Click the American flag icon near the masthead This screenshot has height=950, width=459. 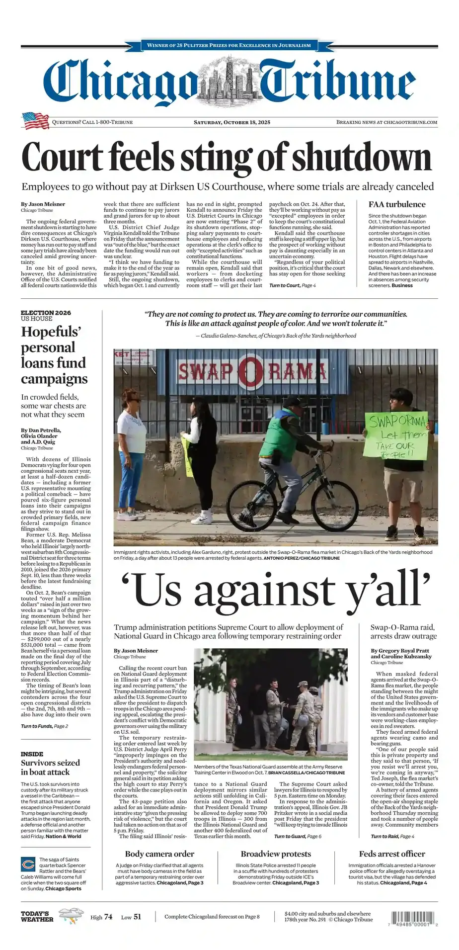pyautogui.click(x=35, y=121)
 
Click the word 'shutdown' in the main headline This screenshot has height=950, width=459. pyautogui.click(x=361, y=157)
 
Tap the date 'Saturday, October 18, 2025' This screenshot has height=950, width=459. pyautogui.click(x=232, y=122)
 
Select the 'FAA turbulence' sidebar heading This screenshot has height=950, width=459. pyautogui.click(x=397, y=204)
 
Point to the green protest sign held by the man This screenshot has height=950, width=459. pyautogui.click(x=395, y=435)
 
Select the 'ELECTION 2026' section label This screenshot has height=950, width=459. pyautogui.click(x=46, y=313)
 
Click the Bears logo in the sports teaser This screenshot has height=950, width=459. pyautogui.click(x=28, y=864)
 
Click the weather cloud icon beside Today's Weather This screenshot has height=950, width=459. pyautogui.click(x=71, y=915)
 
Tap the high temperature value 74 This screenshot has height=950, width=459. pyautogui.click(x=108, y=917)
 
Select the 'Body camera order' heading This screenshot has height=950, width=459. pyautogui.click(x=159, y=854)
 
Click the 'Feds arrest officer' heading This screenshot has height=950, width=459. pyautogui.click(x=392, y=854)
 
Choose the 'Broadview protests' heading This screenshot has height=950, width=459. pyautogui.click(x=276, y=854)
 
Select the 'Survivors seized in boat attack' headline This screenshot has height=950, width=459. pyautogui.click(x=50, y=767)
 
